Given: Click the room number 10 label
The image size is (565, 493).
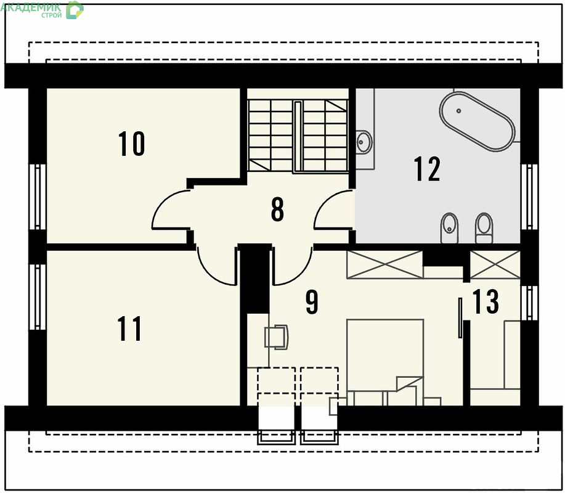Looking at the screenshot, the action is click(131, 144).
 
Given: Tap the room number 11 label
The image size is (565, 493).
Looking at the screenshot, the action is click(129, 328).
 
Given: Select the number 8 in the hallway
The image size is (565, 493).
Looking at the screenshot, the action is click(277, 209).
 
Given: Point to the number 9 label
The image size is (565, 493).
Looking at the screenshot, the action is click(312, 302).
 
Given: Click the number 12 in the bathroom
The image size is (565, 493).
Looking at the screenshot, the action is click(427, 168).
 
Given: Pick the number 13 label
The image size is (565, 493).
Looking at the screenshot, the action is click(486, 301).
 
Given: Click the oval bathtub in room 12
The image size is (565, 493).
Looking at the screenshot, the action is click(477, 121).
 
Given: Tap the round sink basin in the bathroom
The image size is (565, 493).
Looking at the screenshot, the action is click(364, 142).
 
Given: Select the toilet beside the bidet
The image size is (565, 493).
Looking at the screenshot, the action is click(484, 228).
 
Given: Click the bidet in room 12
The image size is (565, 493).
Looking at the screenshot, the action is click(449, 228).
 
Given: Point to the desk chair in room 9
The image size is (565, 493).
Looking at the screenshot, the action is click(277, 337).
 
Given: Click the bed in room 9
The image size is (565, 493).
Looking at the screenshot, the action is click(385, 362).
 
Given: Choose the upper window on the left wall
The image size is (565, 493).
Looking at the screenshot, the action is click(38, 197).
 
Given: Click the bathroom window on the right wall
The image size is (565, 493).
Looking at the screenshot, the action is click(529, 197).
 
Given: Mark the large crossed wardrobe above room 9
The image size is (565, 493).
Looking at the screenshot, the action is click(384, 265).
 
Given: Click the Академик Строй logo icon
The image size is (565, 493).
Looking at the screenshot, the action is click(75, 10).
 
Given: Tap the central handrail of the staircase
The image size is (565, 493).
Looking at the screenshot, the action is click(297, 137).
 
